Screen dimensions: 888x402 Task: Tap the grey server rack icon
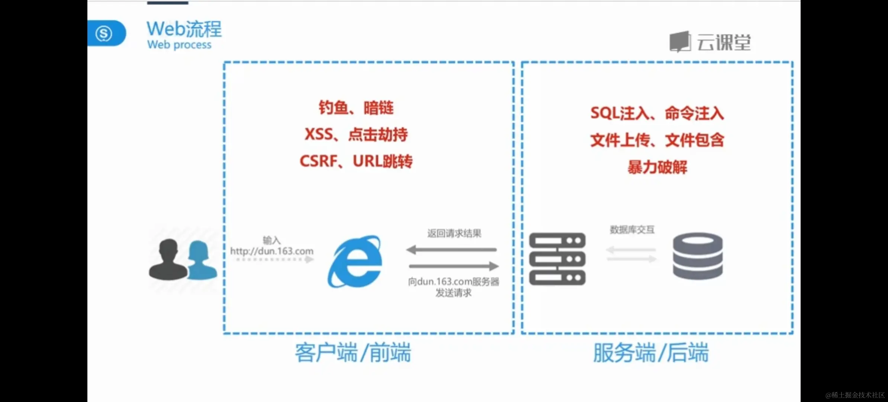click(557, 259)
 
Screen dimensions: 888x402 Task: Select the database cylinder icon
click(698, 256)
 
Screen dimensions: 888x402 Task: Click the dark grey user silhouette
click(168, 260)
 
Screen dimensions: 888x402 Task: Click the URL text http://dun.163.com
click(272, 251)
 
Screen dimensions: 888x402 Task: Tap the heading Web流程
click(184, 29)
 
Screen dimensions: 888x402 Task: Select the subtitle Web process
click(179, 45)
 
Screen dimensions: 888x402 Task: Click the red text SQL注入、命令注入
click(657, 113)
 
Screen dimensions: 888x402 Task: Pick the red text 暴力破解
click(657, 167)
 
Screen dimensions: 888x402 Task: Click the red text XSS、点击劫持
click(356, 134)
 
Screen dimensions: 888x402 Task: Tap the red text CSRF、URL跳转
click(356, 161)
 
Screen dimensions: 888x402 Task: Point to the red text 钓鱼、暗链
click(356, 108)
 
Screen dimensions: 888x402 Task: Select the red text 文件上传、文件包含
click(657, 140)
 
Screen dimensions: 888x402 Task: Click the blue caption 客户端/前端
click(353, 352)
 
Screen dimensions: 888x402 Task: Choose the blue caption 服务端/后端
click(651, 352)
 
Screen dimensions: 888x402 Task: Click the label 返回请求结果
click(454, 233)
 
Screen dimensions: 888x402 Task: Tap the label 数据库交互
click(632, 230)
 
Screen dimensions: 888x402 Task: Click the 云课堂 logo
click(710, 42)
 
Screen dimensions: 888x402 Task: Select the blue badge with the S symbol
click(104, 33)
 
